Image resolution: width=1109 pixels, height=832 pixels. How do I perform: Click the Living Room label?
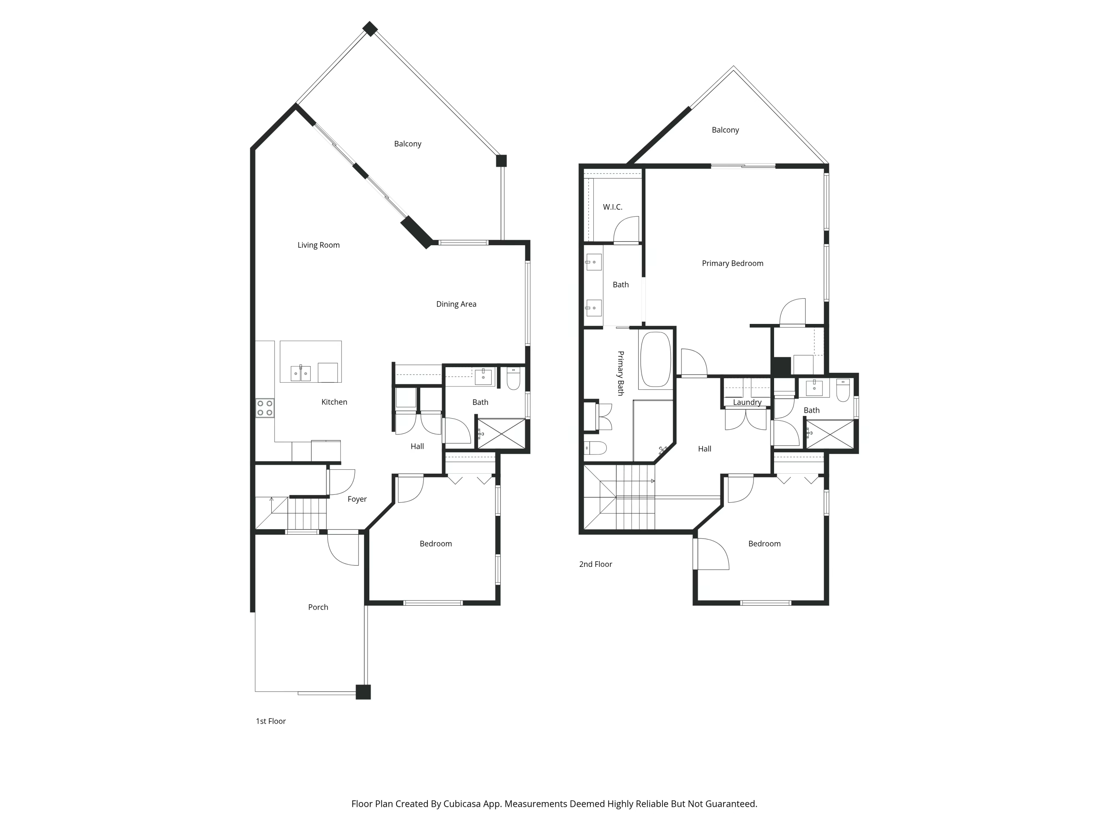318,245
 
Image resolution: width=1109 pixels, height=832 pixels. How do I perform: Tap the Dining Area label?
456,304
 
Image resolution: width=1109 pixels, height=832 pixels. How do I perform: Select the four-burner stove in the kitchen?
265,408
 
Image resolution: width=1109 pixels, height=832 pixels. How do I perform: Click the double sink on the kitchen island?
301,373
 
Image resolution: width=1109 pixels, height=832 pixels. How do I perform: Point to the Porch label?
318,607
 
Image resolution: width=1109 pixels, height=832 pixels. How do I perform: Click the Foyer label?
357,499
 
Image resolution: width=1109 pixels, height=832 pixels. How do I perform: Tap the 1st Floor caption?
271,721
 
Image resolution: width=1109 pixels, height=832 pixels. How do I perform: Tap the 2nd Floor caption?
596,564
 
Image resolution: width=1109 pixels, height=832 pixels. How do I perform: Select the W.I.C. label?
612,207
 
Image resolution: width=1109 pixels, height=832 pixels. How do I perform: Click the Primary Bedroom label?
732,263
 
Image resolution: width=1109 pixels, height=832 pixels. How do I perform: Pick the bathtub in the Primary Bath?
655,359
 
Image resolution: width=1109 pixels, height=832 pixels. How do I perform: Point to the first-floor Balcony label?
407,144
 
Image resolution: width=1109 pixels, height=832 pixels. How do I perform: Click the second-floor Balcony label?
725,130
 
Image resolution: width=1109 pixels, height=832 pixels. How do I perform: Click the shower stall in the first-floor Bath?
501,433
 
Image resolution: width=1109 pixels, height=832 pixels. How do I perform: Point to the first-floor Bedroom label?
435,544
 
